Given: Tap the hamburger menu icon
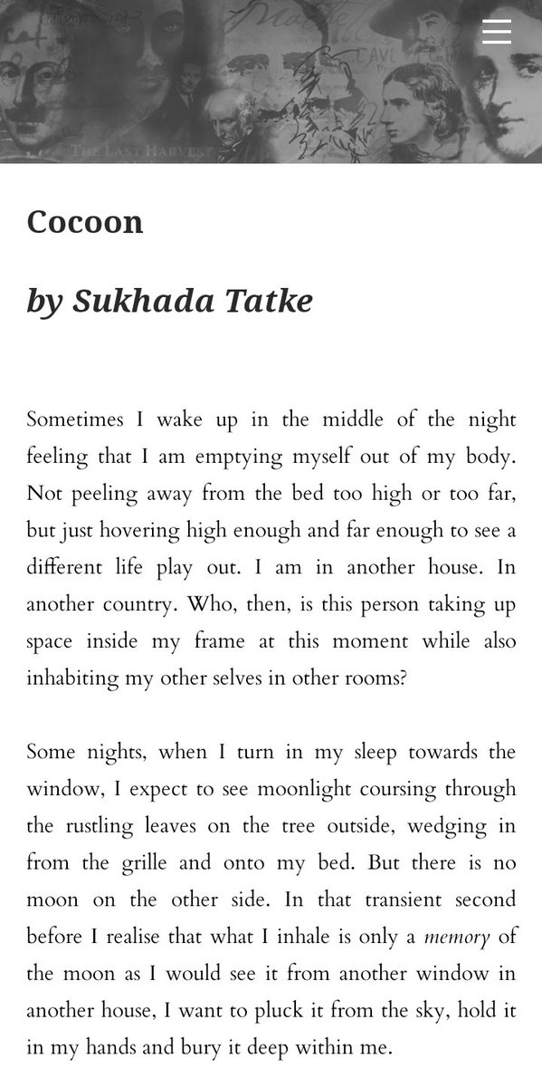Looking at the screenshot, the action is [497, 32].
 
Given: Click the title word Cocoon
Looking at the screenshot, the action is [85, 222].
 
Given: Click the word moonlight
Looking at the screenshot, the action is [303, 789].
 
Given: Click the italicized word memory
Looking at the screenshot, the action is [457, 938].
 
